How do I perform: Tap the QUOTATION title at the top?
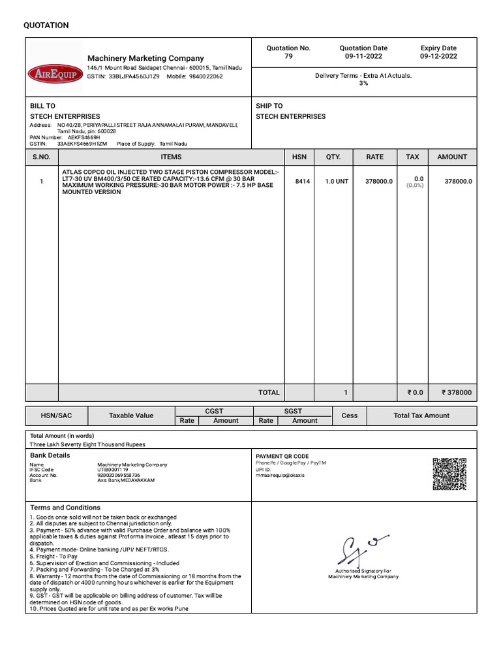[46, 25]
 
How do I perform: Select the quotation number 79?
[288, 57]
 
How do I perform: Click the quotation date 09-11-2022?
[363, 57]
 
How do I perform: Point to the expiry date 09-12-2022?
[438, 57]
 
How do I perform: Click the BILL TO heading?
[43, 106]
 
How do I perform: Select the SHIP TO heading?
[269, 106]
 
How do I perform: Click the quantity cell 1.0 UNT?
[336, 182]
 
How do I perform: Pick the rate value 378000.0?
[378, 182]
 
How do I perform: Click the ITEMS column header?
[171, 157]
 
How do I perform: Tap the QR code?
[450, 474]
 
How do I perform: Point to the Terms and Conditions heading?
[65, 508]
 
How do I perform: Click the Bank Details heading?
[50, 455]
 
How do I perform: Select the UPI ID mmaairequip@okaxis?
[280, 475]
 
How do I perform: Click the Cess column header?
[350, 416]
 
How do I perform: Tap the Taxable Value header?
[131, 416]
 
